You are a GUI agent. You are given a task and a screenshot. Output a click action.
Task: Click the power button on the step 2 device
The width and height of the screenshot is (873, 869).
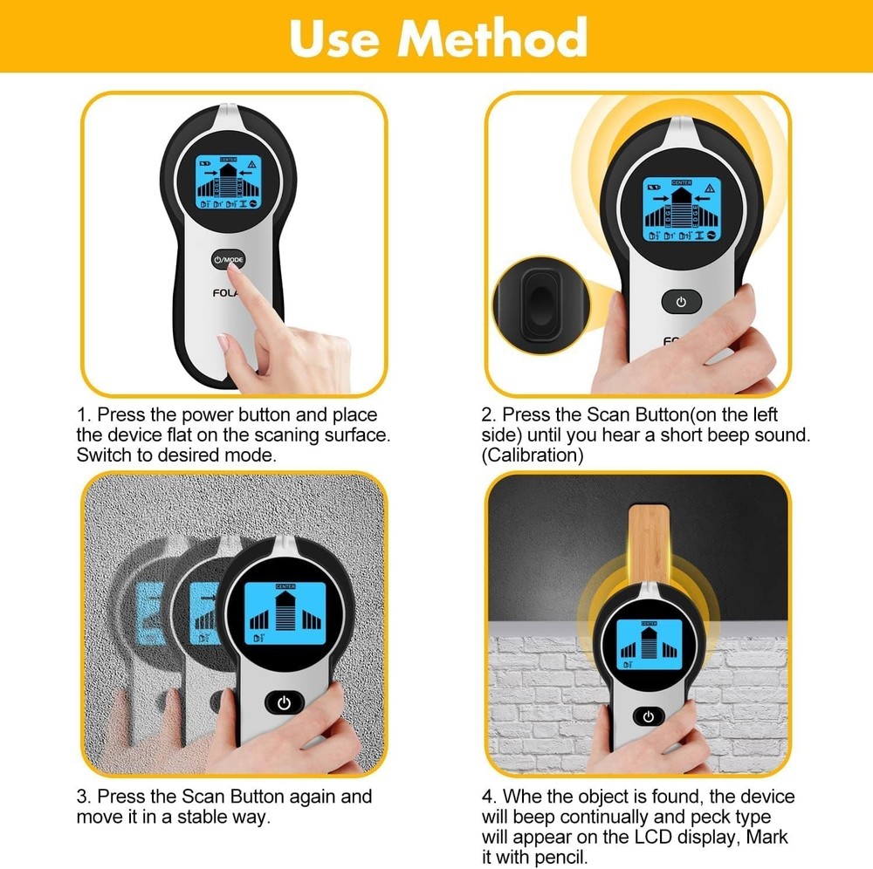point(681,303)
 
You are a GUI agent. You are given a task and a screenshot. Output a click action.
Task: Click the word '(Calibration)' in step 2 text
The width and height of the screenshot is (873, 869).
point(533,455)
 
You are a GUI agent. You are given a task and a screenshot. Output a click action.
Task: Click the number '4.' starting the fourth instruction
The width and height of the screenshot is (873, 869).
point(489,797)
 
